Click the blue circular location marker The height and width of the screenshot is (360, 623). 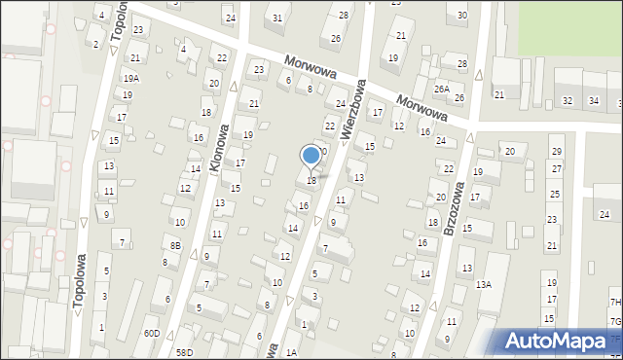(x=311, y=154)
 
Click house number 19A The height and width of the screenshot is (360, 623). (x=130, y=78)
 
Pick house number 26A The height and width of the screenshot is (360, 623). (x=442, y=89)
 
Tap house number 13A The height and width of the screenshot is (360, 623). (x=484, y=284)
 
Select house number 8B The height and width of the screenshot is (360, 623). (x=174, y=246)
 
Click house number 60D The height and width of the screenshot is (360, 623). (x=152, y=333)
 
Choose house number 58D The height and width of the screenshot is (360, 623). (x=184, y=352)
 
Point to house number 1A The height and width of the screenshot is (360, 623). (x=292, y=352)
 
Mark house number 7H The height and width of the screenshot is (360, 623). (x=615, y=303)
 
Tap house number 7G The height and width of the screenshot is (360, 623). (x=615, y=321)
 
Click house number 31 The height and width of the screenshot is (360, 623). (x=277, y=18)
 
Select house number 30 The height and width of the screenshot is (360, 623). (x=461, y=15)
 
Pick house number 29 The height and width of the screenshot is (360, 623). (x=556, y=151)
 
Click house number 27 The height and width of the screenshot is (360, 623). (x=556, y=168)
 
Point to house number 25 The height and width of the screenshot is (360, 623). (x=554, y=195)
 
